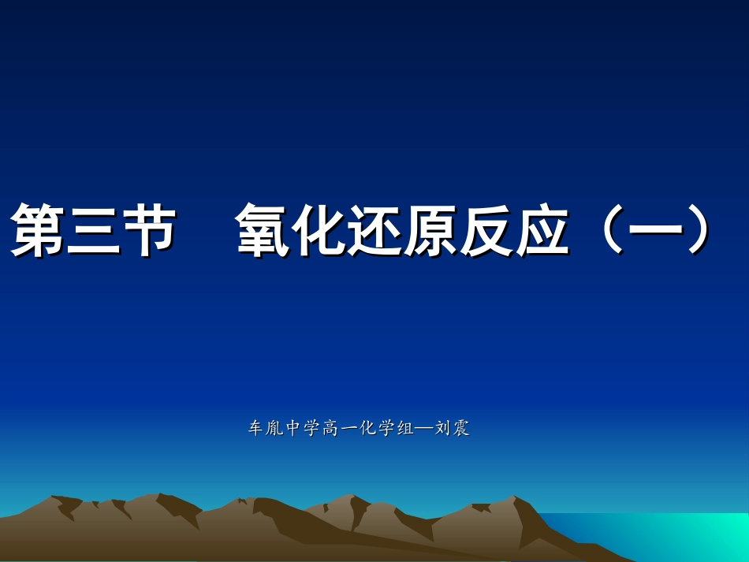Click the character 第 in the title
click(38, 230)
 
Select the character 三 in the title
click(94, 230)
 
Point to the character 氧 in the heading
click(263, 230)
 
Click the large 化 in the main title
click(319, 230)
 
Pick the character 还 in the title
click(375, 230)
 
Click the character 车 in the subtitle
click(255, 429)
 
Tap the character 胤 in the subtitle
click(274, 429)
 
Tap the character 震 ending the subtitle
click(461, 429)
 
